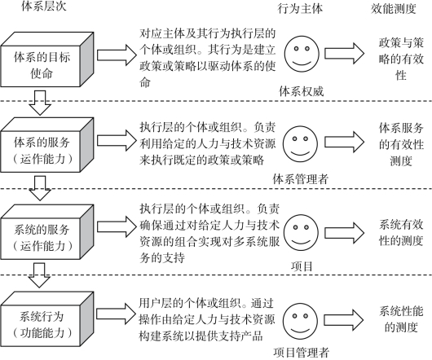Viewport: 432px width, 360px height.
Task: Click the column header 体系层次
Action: click(x=44, y=6)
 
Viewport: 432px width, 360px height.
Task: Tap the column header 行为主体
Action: click(x=300, y=8)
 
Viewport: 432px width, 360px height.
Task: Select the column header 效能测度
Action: click(x=393, y=8)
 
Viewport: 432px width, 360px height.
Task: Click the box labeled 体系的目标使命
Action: click(x=46, y=59)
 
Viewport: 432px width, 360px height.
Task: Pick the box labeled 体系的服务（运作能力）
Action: click(x=46, y=145)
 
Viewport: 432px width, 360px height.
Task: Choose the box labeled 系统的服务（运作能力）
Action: click(x=46, y=232)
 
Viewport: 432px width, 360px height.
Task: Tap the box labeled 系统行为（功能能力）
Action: click(x=46, y=318)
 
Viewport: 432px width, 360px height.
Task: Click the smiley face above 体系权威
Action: click(x=302, y=54)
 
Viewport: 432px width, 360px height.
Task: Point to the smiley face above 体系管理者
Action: click(x=300, y=143)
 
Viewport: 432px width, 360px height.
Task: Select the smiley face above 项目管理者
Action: click(x=300, y=321)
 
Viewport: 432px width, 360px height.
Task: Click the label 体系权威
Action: click(x=301, y=91)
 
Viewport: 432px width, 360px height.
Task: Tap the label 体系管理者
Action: click(x=301, y=179)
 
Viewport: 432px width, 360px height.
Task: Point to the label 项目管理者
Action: click(x=301, y=353)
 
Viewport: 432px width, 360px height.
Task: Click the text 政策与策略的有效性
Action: click(x=401, y=59)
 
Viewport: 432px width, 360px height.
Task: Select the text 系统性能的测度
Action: click(x=401, y=319)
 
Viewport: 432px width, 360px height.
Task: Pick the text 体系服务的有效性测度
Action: click(x=401, y=144)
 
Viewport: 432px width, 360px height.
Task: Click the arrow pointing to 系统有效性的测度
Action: click(x=345, y=233)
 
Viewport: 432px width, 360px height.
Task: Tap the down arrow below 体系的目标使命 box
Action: click(x=40, y=103)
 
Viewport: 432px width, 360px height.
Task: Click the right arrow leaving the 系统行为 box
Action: click(x=117, y=314)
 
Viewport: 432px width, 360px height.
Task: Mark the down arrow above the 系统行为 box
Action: click(x=40, y=275)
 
